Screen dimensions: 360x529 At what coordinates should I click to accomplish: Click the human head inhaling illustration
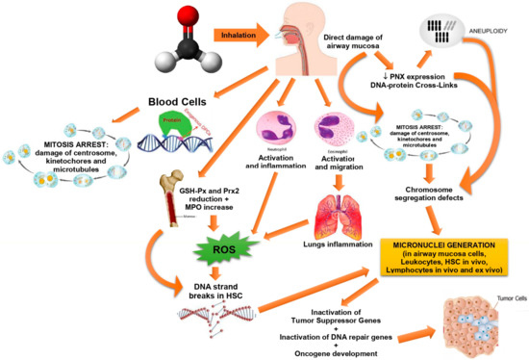tap(290, 34)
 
